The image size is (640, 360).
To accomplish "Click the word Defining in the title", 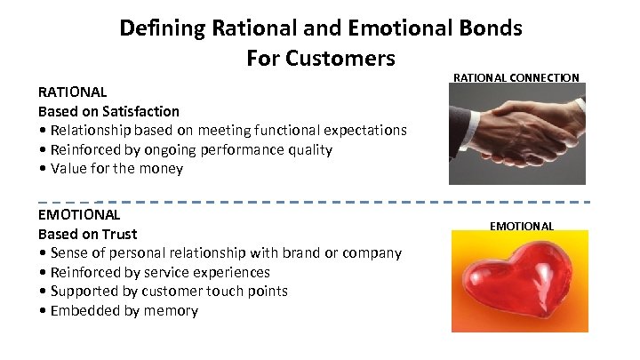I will [163, 28].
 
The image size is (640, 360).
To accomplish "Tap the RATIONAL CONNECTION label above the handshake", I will [516, 78].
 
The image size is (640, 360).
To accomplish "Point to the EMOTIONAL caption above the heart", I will [522, 226].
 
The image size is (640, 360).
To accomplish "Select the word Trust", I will [120, 234].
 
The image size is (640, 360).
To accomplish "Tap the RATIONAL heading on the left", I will [72, 92].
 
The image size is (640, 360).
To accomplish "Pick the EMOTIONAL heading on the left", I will [78, 214].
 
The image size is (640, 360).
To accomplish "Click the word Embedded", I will [82, 310].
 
